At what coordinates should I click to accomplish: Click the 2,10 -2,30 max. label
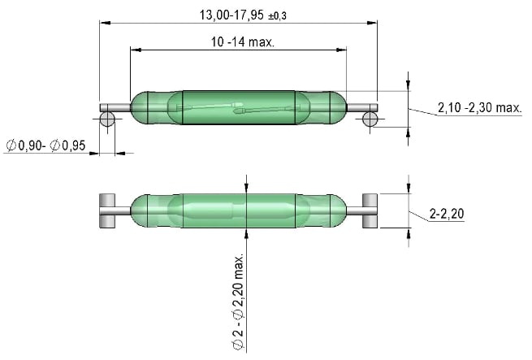(x=478, y=107)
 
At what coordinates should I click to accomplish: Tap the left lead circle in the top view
(x=106, y=120)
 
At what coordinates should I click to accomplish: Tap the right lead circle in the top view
(x=370, y=120)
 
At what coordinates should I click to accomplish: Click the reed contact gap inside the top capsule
(x=237, y=108)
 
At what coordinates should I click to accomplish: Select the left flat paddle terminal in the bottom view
(x=106, y=210)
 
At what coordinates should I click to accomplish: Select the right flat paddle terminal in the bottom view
(x=370, y=210)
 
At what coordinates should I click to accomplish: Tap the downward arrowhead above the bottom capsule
(x=245, y=188)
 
